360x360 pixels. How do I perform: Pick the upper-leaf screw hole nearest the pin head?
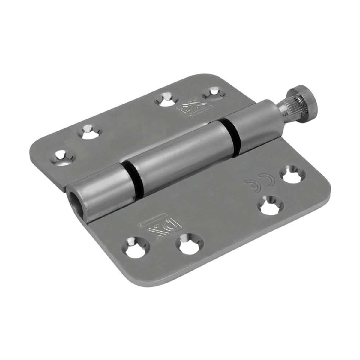point(212,92)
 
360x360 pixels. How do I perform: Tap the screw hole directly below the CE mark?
point(267,205)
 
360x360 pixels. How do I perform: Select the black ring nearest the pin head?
point(231,133)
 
